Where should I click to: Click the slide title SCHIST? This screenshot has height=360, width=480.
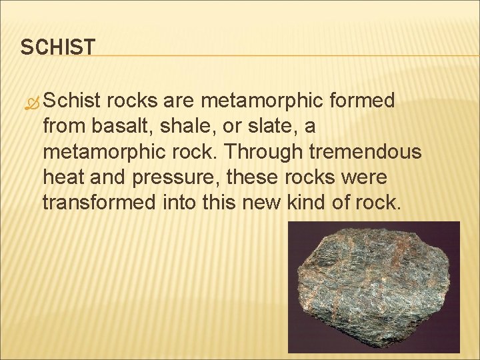click(x=58, y=47)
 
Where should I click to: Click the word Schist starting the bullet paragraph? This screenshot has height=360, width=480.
click(x=73, y=101)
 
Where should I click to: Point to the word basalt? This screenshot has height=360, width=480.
click(x=115, y=126)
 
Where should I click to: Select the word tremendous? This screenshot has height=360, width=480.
click(x=363, y=151)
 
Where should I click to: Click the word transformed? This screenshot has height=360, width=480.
click(x=100, y=202)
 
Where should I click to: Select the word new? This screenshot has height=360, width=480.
click(x=265, y=202)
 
